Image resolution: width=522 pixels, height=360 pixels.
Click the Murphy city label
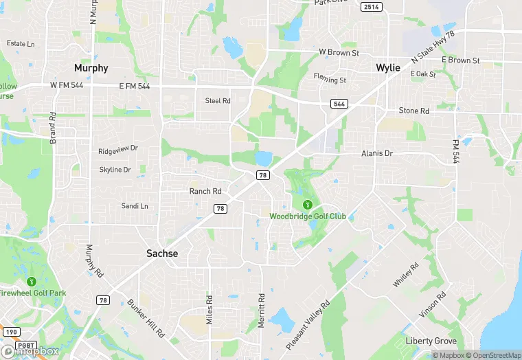click(91, 68)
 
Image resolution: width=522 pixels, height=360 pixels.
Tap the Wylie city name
click(388, 68)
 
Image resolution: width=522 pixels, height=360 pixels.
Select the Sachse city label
click(162, 254)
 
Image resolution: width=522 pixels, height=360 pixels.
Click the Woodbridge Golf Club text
click(307, 216)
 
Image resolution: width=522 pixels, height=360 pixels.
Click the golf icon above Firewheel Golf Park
click(31, 282)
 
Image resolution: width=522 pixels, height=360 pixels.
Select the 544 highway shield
click(338, 104)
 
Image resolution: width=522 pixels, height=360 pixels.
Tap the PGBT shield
click(26, 345)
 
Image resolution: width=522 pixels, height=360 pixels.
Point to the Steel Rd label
click(218, 100)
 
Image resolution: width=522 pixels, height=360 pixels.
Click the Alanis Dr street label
click(377, 154)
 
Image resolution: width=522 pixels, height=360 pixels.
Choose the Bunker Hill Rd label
click(146, 317)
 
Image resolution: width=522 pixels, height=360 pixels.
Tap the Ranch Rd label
click(205, 191)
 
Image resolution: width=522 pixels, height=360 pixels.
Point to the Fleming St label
click(330, 79)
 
